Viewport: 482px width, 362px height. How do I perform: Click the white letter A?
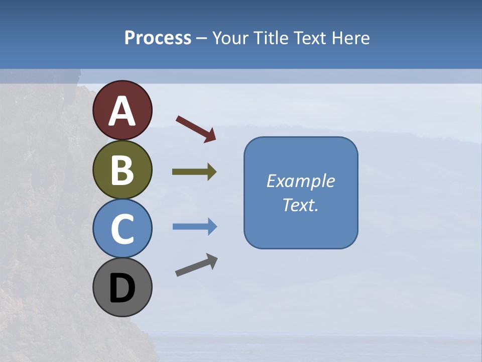click(x=122, y=111)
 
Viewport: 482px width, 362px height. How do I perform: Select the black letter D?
click(x=122, y=289)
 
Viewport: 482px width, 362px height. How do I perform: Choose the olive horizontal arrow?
click(x=194, y=172)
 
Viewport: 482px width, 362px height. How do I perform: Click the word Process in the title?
click(x=158, y=38)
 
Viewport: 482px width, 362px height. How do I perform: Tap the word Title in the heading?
click(x=269, y=38)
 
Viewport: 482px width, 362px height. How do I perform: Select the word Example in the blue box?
click(x=301, y=181)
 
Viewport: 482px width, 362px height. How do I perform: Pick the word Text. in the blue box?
click(x=301, y=205)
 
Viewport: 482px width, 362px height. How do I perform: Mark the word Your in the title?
click(x=229, y=38)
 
